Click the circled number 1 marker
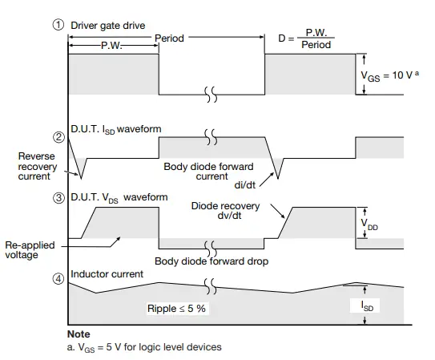point(58,23)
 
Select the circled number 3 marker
point(58,196)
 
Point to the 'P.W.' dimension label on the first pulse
point(112,46)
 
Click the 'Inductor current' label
point(107,274)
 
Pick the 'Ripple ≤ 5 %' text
point(176,309)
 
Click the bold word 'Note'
point(79,334)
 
